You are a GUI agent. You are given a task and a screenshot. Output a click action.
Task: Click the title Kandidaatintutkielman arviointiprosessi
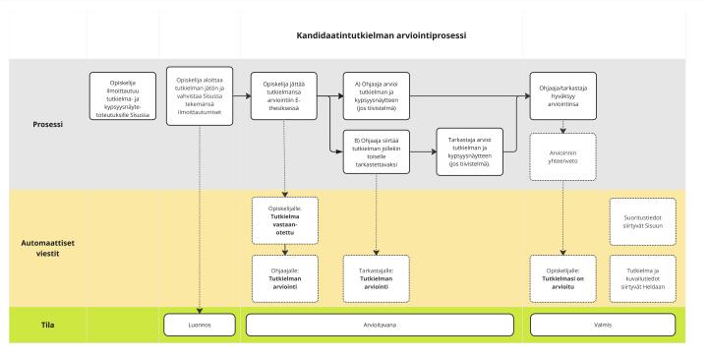(381, 35)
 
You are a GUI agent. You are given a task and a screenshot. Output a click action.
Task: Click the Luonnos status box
(200, 322)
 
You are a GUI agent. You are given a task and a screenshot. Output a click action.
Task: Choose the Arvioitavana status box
(379, 322)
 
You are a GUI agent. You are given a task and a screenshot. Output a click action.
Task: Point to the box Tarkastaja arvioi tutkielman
(470, 152)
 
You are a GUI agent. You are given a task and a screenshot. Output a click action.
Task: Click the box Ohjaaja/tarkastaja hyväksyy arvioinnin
(562, 96)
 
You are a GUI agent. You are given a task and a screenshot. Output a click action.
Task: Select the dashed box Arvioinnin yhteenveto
(562, 157)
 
